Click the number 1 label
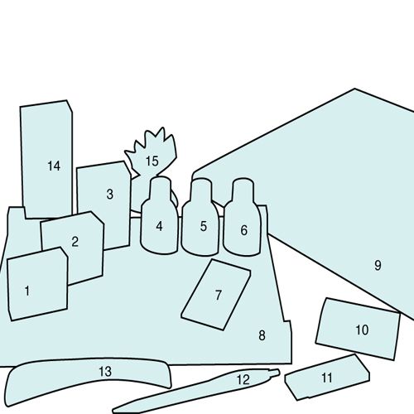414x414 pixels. click(27, 291)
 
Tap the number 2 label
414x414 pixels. click(75, 242)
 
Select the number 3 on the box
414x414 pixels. click(110, 194)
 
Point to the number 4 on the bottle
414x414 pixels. click(159, 226)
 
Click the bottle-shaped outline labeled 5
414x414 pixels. click(200, 217)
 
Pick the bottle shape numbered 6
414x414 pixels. click(242, 217)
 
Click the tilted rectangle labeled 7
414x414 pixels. click(216, 295)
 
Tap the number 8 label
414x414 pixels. click(262, 335)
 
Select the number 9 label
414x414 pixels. click(378, 265)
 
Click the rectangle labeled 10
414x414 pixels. click(358, 329)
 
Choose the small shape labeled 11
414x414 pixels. click(327, 378)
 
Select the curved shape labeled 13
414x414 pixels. click(89, 377)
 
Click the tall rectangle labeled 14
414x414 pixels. click(46, 159)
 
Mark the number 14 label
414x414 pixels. click(54, 166)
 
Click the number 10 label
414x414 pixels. click(362, 330)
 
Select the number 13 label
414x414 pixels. click(105, 372)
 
